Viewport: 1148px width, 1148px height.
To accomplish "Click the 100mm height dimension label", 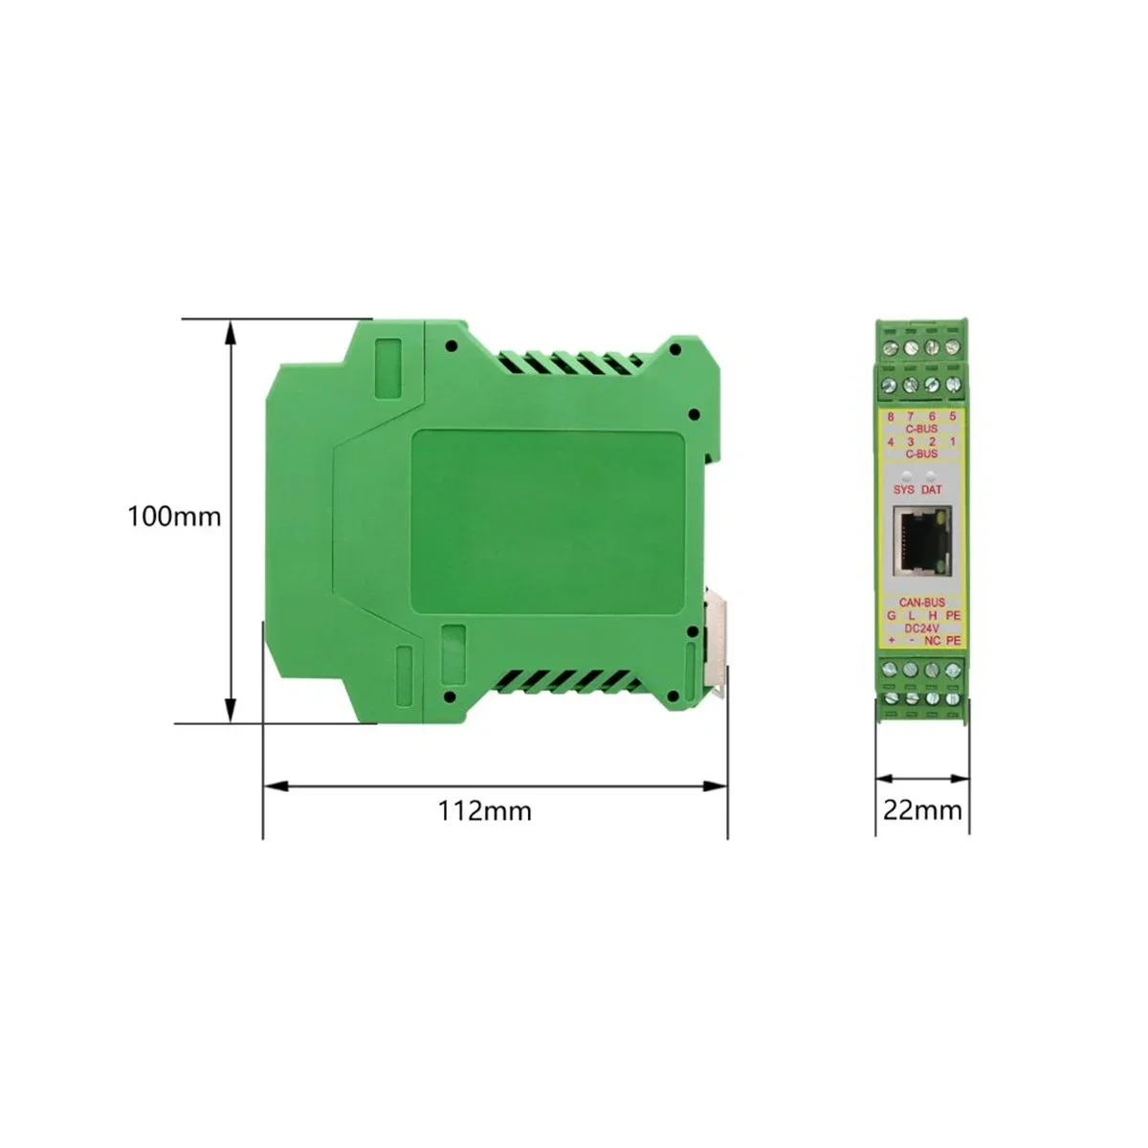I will click(x=174, y=518).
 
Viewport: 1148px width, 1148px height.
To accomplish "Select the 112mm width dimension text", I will click(x=484, y=811).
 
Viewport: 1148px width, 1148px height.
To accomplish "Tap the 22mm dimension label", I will click(x=921, y=811).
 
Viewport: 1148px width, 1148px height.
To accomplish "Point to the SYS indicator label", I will click(x=903, y=490).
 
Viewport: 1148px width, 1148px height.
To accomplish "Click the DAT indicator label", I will click(x=932, y=490).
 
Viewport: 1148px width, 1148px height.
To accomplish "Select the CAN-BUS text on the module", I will click(x=922, y=602).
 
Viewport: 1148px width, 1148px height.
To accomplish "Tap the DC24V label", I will click(x=922, y=628).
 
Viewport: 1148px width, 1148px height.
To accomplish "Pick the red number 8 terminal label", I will click(x=891, y=417).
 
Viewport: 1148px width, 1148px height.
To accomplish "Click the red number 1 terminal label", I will click(x=952, y=442).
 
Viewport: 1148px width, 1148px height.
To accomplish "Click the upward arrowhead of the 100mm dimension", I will click(x=230, y=331).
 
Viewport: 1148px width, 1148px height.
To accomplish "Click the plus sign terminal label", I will click(x=892, y=640).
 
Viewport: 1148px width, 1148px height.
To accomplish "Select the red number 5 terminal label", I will click(x=952, y=417).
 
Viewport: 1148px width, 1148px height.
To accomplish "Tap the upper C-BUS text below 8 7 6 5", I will click(x=922, y=430).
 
